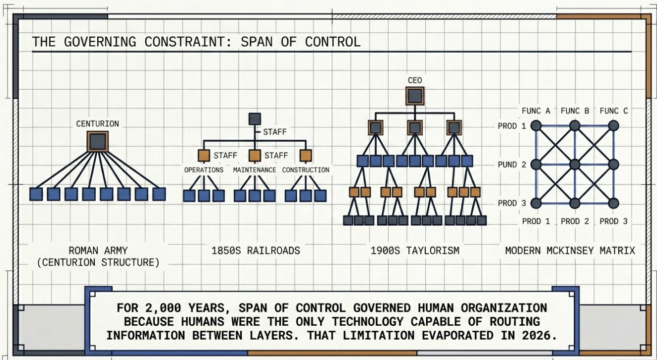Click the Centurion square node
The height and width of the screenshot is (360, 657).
tap(98, 142)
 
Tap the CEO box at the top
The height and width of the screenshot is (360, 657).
tap(415, 95)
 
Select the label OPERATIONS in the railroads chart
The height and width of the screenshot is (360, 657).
tap(203, 170)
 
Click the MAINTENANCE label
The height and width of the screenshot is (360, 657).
tap(255, 170)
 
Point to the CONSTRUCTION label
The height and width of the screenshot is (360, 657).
tap(305, 170)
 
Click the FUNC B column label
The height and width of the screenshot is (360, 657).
tap(575, 111)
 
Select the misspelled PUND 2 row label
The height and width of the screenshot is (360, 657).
tap(512, 165)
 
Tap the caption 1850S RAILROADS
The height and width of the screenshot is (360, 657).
tap(256, 250)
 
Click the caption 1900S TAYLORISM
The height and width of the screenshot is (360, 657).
tap(415, 250)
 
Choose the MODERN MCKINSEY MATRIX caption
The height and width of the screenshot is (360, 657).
tap(570, 250)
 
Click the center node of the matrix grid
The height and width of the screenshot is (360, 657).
tap(575, 164)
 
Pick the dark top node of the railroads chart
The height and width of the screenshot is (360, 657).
tap(254, 119)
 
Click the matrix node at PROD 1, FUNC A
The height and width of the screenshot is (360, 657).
tap(536, 125)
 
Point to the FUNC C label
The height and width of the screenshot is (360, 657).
tap(613, 111)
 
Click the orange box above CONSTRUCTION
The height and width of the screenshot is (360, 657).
tap(305, 156)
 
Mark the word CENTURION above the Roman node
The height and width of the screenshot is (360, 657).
tap(98, 123)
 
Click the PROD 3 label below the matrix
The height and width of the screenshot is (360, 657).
tap(613, 221)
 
